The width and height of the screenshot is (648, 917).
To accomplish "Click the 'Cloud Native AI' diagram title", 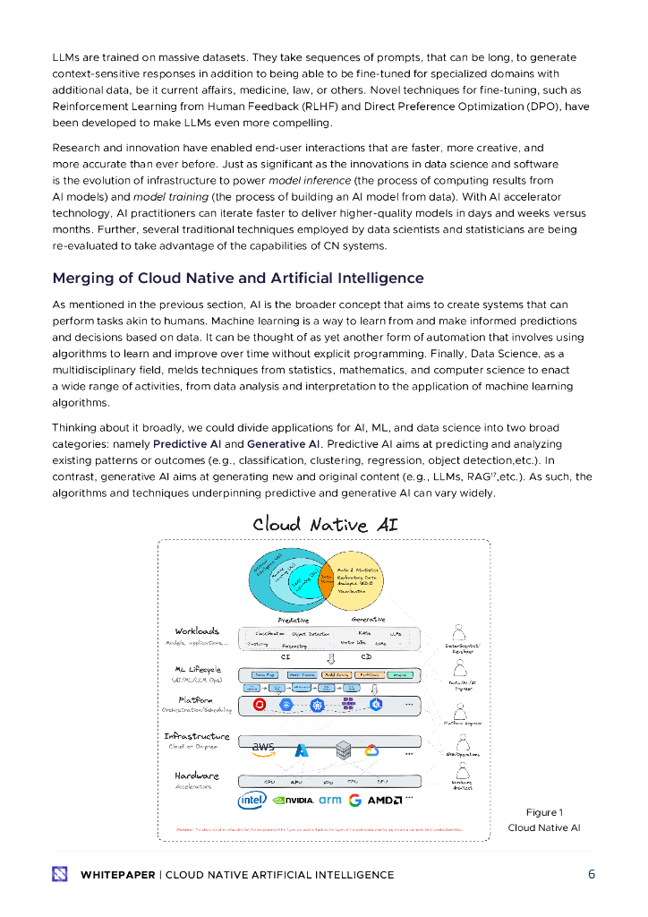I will pyautogui.click(x=325, y=524).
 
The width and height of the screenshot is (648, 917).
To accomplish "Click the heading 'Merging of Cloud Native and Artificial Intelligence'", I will pyautogui.click(x=238, y=278).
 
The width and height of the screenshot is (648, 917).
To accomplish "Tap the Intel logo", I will pyautogui.click(x=252, y=800).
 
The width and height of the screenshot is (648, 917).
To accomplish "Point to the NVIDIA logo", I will pyautogui.click(x=293, y=800).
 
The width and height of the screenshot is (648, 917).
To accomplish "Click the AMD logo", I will pyautogui.click(x=384, y=800).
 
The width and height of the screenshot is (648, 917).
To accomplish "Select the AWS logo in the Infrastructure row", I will pyautogui.click(x=263, y=747).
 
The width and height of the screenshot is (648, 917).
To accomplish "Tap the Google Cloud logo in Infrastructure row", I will pyautogui.click(x=372, y=750).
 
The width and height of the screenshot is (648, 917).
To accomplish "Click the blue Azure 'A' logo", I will pyautogui.click(x=302, y=750).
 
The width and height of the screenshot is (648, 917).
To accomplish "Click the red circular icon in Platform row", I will pyautogui.click(x=260, y=705).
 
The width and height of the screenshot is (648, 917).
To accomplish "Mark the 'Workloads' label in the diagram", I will pyautogui.click(x=197, y=631).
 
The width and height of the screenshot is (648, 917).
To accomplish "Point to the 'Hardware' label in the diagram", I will pyautogui.click(x=196, y=776).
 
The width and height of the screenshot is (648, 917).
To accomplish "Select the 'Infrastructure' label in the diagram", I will pyautogui.click(x=196, y=736).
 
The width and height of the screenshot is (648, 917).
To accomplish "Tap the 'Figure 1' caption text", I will pyautogui.click(x=544, y=812).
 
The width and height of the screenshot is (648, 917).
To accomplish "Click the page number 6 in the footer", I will pyautogui.click(x=592, y=875).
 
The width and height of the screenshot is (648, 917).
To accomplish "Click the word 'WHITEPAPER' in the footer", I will pyautogui.click(x=117, y=875).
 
